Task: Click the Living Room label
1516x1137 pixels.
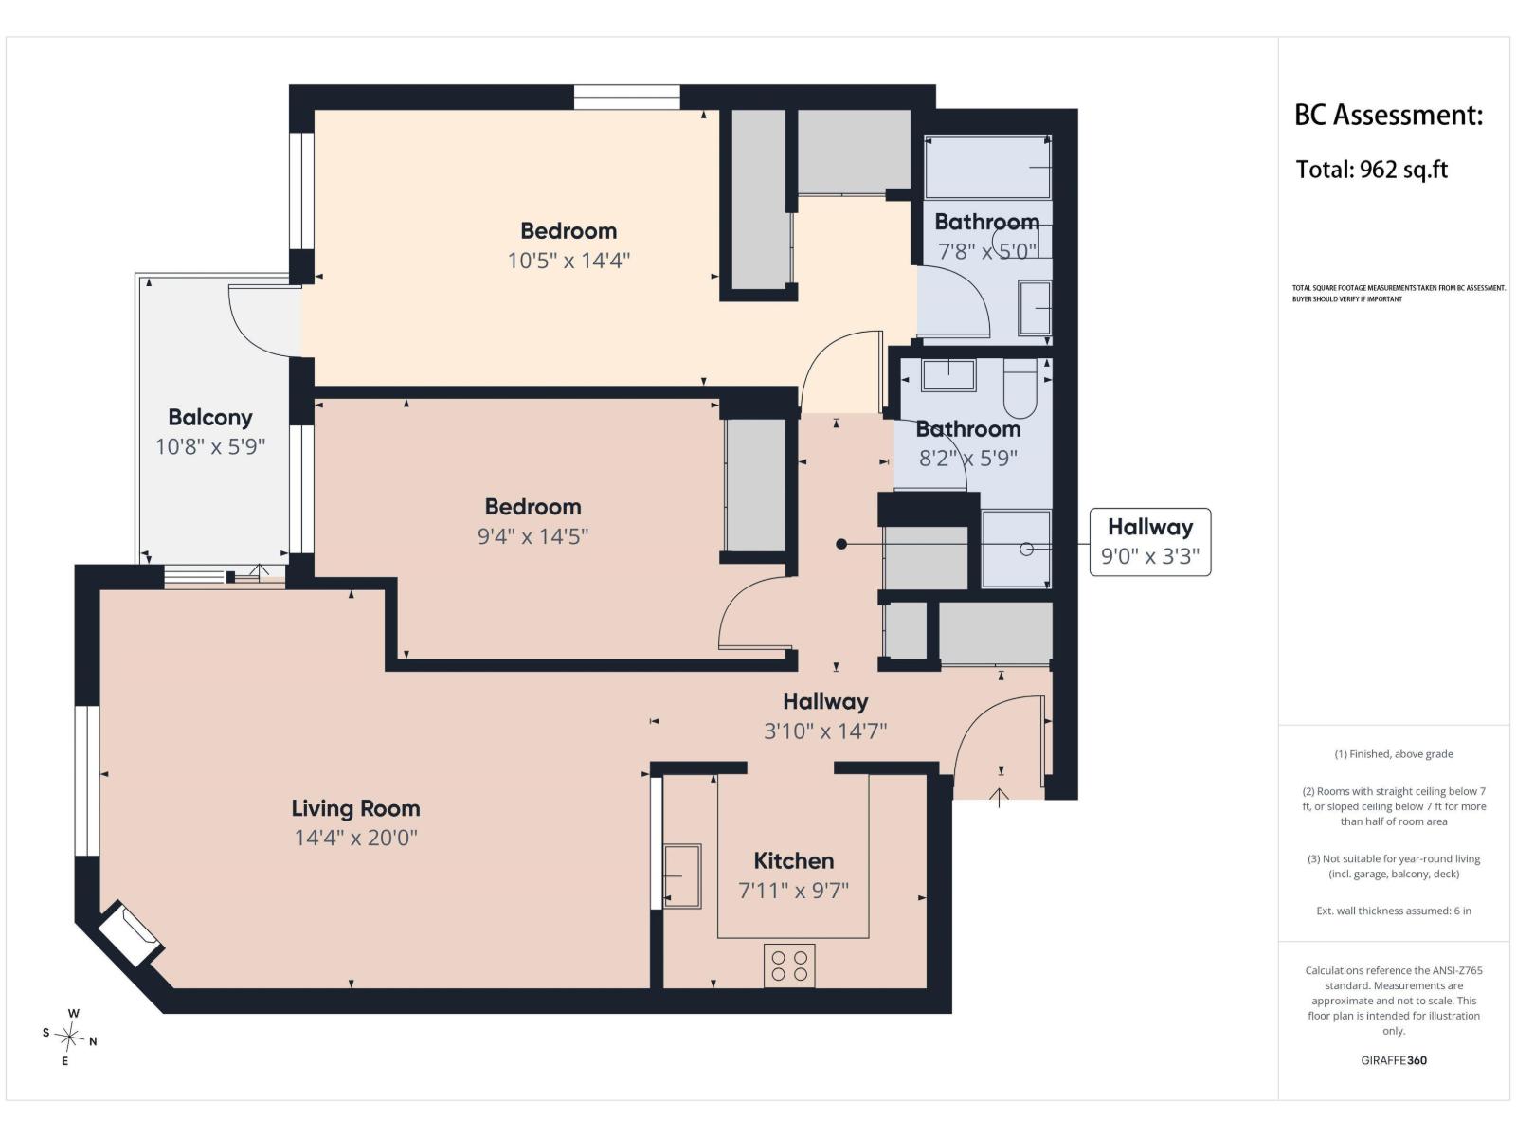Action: [355, 807]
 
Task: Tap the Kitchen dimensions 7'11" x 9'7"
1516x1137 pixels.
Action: [794, 891]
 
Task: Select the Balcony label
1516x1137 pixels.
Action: [210, 418]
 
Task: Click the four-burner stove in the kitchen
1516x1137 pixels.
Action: [789, 966]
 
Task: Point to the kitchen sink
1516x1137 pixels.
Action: [682, 876]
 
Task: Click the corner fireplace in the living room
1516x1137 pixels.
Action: [130, 933]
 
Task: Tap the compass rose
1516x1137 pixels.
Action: [69, 1038]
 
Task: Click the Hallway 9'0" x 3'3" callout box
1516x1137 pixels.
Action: [1150, 542]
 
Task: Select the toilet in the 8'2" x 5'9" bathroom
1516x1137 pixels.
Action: [1020, 388]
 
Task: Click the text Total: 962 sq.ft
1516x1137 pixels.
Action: [1371, 170]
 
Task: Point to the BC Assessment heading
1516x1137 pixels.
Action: [1388, 116]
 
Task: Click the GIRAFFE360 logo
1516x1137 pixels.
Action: [1394, 1060]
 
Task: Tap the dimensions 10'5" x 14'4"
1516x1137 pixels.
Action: [568, 261]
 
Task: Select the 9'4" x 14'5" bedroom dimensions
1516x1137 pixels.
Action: [532, 536]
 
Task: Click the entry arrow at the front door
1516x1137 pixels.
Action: [999, 798]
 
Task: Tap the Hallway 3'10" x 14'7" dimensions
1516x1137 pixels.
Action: [825, 731]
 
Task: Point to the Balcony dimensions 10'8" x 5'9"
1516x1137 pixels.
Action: [210, 447]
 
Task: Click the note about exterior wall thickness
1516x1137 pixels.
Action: [1394, 911]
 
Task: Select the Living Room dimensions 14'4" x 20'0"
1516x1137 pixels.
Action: [355, 839]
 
